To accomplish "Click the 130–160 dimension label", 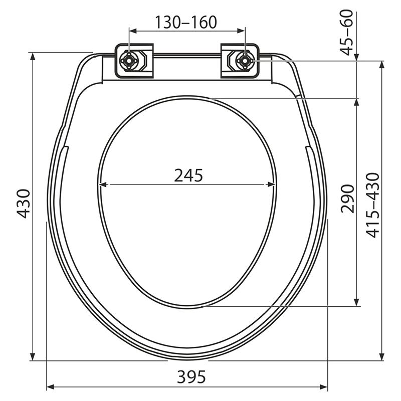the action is click(186, 22).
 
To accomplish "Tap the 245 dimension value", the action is click(188, 175).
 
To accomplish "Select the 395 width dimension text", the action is click(191, 376).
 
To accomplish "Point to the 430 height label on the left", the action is click(24, 204).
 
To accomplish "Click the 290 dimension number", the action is click(348, 198).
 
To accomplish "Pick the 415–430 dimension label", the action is click(372, 206).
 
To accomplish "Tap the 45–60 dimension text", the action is click(347, 32).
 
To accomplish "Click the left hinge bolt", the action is click(129, 61).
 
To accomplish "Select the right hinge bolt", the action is click(245, 61).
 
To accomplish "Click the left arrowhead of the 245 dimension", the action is click(103, 184).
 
